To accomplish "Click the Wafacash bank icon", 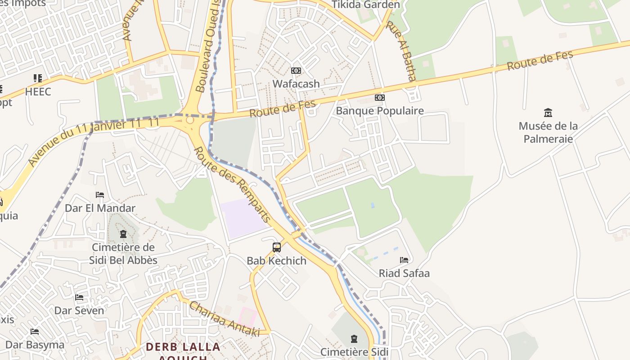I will click(x=296, y=71).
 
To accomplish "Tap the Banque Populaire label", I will click(x=380, y=111).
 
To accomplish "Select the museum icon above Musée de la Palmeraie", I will click(x=548, y=112).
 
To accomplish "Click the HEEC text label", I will click(x=38, y=92).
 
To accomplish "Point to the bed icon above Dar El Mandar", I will click(x=100, y=195).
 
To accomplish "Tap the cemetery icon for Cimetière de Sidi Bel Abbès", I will click(x=123, y=234).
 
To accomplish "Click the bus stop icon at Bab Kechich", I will click(x=276, y=247).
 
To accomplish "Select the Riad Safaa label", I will click(x=404, y=273).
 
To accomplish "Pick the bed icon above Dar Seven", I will click(x=79, y=297).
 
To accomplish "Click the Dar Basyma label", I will click(x=35, y=345).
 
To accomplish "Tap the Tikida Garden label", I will click(x=365, y=5).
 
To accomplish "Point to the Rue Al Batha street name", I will click(x=406, y=51).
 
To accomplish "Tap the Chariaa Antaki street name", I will click(x=224, y=319).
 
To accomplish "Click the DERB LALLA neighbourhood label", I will click(x=183, y=347).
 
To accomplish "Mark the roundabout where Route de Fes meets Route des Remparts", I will click(x=190, y=120).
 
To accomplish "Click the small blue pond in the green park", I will click(x=372, y=205).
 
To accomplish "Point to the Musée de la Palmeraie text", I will click(x=548, y=132).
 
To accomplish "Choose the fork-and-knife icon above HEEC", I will click(x=38, y=78).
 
